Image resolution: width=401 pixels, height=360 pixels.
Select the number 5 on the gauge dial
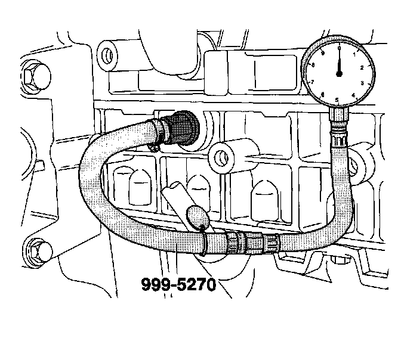coord(338,100)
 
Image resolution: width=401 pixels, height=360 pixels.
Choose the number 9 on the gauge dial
coord(323,54)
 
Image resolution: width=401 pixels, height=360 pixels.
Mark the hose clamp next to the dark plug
coord(157,132)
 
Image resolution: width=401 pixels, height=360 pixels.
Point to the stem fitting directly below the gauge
coord(339,122)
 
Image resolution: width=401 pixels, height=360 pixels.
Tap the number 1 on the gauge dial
coord(354,54)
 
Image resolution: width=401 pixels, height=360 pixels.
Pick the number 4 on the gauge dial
coord(354,94)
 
